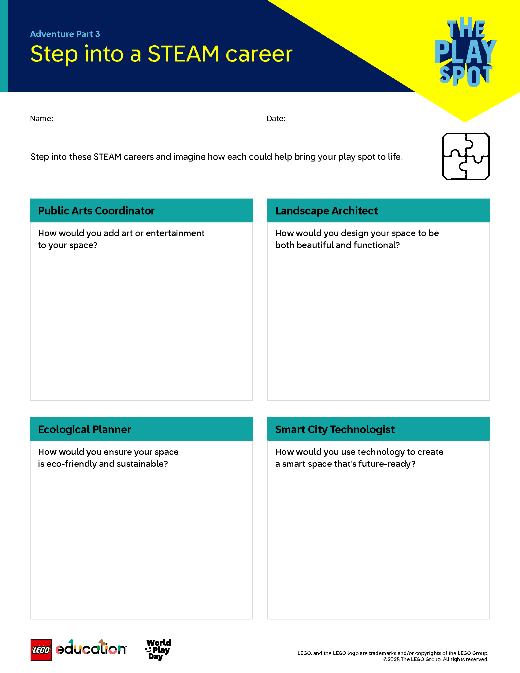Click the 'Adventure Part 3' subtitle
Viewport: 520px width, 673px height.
[65, 34]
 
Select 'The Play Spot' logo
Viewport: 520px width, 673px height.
[465, 52]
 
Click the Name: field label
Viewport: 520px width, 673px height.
[42, 118]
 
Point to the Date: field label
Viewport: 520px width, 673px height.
[276, 118]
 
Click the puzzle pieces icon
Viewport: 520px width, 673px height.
[466, 156]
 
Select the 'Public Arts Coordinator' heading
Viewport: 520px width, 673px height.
[96, 211]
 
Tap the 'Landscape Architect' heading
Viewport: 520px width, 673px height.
[326, 211]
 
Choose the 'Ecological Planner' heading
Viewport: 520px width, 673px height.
[84, 429]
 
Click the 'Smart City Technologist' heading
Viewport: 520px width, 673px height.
[335, 429]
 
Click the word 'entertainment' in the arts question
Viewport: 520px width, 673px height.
[175, 233]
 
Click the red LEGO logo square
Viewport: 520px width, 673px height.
[41, 650]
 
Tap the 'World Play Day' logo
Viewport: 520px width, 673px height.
[158, 649]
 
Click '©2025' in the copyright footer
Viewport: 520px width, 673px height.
[391, 660]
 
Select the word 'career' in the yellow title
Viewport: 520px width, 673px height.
[259, 54]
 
